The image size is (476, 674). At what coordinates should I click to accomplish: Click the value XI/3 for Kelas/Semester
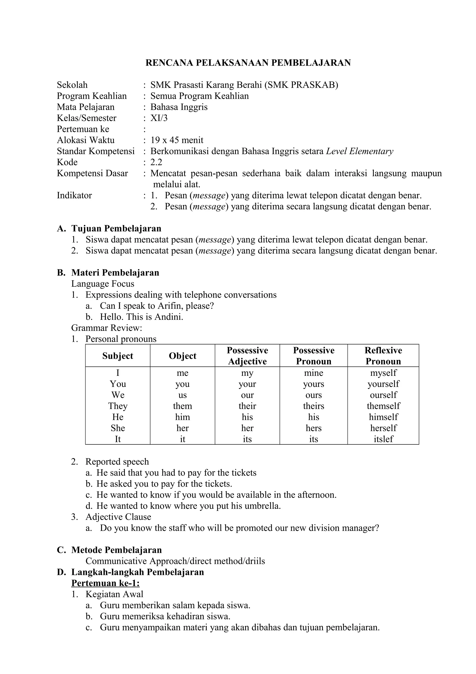(159, 118)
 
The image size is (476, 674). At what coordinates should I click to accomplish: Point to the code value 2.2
(156, 162)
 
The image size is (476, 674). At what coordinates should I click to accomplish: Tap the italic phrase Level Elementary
(360, 151)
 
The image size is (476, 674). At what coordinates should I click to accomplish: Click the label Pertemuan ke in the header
(83, 129)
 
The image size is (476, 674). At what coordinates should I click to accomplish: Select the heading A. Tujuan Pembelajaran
(109, 228)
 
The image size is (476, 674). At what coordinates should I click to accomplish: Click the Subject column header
(118, 356)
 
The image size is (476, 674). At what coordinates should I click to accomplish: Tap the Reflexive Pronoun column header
(383, 356)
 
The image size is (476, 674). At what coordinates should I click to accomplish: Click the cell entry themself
(383, 406)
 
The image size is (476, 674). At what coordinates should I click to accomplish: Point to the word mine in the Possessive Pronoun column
(314, 373)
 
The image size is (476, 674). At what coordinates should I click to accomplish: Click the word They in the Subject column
(118, 406)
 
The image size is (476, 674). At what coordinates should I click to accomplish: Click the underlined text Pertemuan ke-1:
(105, 583)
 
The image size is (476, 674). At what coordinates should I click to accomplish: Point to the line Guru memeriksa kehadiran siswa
(165, 616)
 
